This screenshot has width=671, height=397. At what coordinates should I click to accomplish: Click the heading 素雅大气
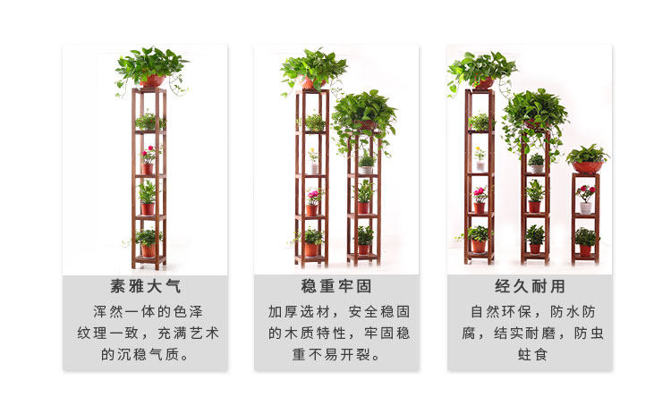click(145, 288)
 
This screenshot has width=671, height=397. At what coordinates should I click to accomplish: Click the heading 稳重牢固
click(335, 288)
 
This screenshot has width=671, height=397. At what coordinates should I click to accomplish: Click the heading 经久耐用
click(531, 288)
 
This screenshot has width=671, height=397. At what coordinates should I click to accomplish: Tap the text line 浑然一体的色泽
click(145, 312)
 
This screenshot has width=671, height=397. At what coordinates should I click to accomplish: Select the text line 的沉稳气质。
click(145, 355)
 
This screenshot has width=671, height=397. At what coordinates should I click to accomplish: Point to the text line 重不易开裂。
click(335, 355)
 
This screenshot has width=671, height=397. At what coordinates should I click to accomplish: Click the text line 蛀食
click(531, 355)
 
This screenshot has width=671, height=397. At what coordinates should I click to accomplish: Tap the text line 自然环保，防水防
click(531, 312)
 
